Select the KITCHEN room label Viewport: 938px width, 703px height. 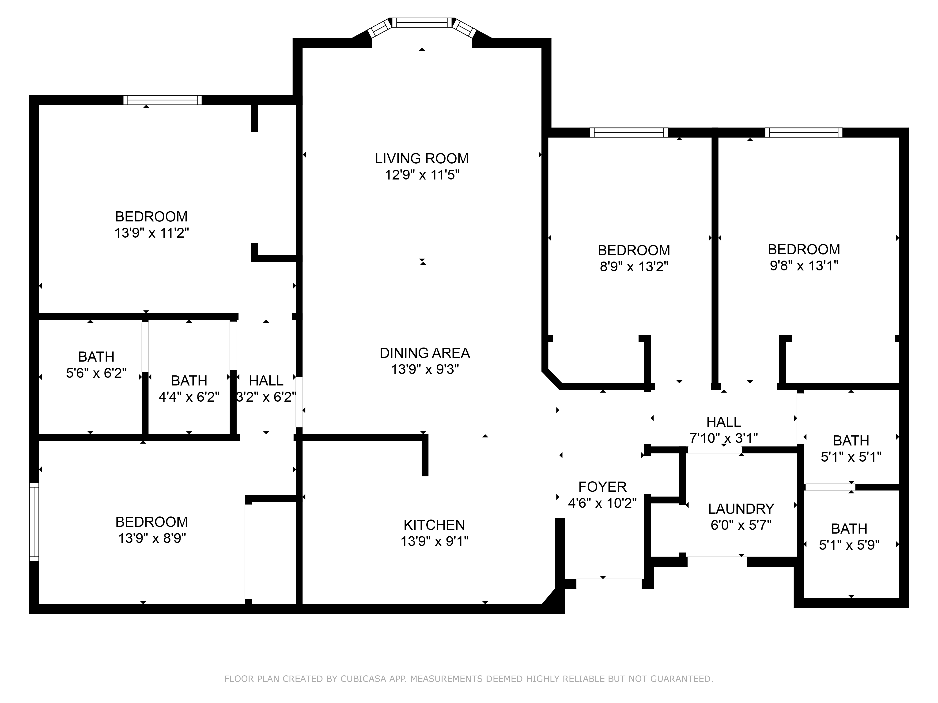[434, 525]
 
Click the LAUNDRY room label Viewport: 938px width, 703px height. [741, 509]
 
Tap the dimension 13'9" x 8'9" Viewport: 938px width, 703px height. [152, 538]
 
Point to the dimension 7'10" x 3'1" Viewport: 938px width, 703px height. [723, 438]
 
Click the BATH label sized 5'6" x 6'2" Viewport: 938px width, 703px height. [96, 357]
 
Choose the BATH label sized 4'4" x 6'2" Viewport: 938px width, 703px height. [189, 381]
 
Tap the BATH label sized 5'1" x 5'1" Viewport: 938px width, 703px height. [851, 441]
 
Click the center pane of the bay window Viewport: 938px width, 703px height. [422, 22]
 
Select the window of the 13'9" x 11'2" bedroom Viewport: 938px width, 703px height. [163, 100]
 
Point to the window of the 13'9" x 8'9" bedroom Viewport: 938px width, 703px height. [34, 522]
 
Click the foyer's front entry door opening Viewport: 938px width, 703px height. [609, 583]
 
